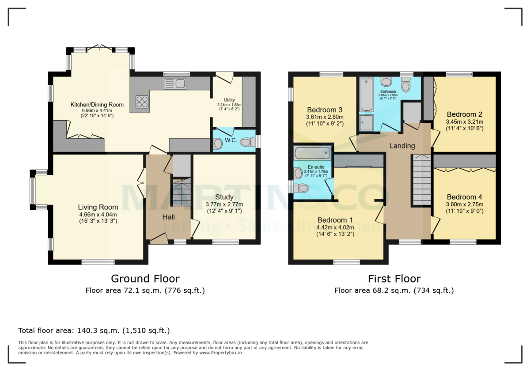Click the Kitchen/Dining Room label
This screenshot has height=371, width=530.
97,105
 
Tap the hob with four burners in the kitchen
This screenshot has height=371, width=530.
142,102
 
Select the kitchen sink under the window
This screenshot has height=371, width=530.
175,83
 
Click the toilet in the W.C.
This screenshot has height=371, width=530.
218,144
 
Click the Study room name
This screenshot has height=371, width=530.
224,197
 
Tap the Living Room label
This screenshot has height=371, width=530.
98,207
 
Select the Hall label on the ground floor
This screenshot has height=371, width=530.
168,217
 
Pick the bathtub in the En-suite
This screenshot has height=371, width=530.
312,153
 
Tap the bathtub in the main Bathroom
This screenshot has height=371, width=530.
366,95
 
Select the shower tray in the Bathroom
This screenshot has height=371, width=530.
366,122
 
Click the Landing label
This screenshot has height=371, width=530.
402,146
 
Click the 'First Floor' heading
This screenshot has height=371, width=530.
394,279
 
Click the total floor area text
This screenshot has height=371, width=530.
94,330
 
